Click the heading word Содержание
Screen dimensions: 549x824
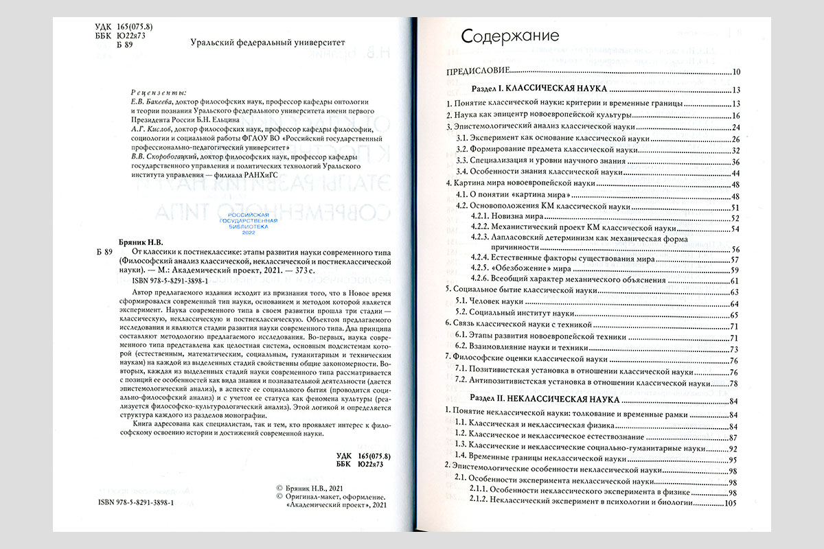(510, 36)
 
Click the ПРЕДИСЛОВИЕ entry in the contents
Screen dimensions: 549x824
(479, 72)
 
